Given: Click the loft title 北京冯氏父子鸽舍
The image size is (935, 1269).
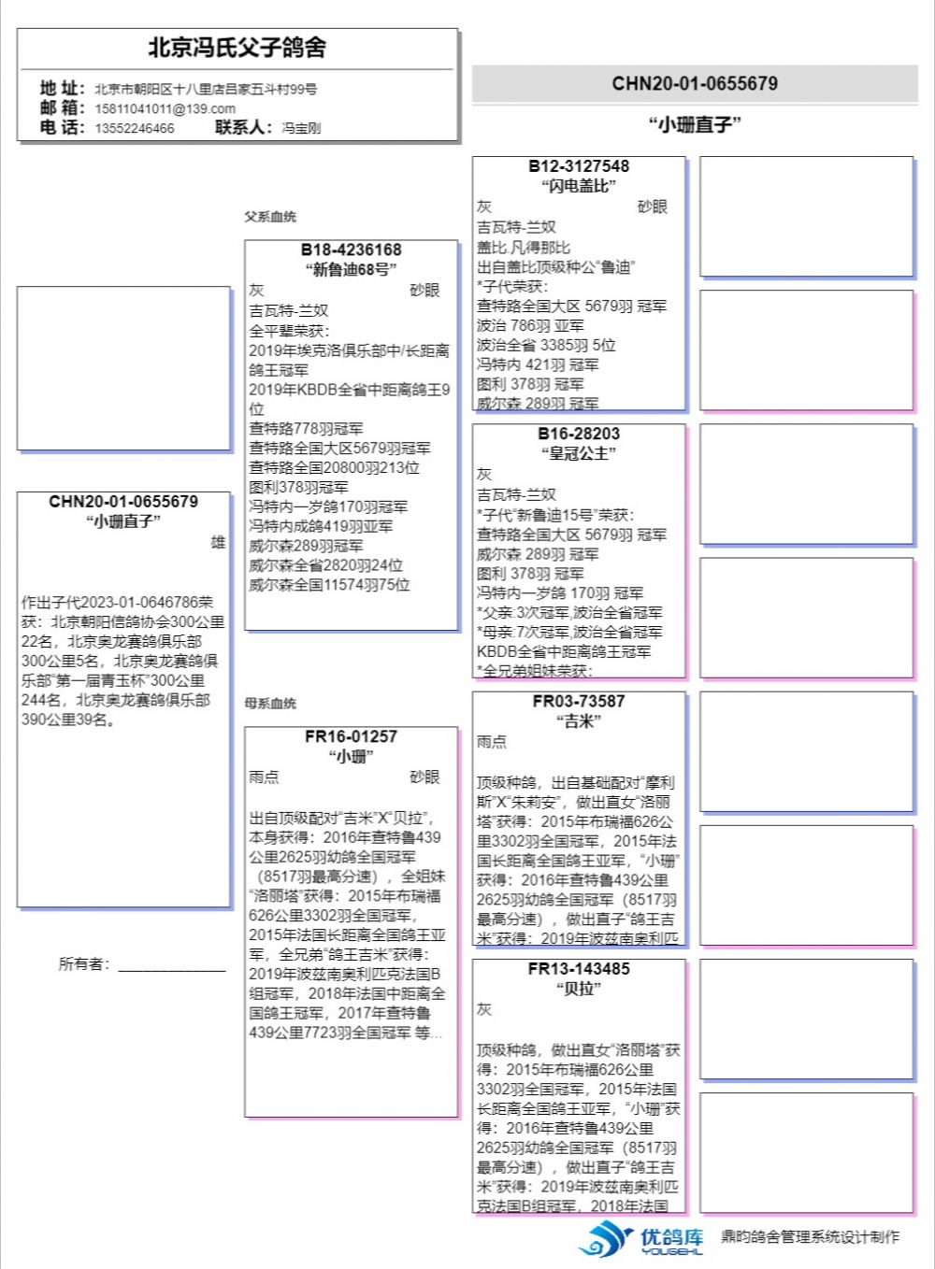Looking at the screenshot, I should click(x=237, y=48).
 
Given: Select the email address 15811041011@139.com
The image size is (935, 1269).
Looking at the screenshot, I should click(x=165, y=108).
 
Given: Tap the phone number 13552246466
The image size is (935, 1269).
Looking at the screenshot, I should click(x=134, y=128).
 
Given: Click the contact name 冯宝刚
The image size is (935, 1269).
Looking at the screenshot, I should click(x=301, y=128).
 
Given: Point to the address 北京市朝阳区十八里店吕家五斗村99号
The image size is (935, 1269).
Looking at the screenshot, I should click(x=206, y=89).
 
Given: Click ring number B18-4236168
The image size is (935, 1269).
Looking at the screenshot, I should click(x=351, y=250).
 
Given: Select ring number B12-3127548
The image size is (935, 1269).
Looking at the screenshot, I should click(x=579, y=166).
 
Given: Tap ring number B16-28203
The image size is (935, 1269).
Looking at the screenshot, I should click(x=579, y=434).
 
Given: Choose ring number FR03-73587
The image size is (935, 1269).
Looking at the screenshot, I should click(x=579, y=701).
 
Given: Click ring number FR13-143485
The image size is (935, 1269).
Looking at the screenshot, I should click(x=579, y=969).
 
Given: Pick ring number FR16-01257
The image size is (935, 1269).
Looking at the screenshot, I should click(x=351, y=736).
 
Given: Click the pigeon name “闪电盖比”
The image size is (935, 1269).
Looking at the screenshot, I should click(x=579, y=186).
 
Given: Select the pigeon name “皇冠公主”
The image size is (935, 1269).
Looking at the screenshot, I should click(x=579, y=453).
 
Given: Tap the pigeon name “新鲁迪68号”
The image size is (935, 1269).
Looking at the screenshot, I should click(x=351, y=270).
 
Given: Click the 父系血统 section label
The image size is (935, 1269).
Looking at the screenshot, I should click(x=270, y=217).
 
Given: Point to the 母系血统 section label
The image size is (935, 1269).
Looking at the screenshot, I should click(x=270, y=703).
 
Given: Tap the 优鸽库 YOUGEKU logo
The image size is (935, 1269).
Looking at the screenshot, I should click(x=641, y=1239).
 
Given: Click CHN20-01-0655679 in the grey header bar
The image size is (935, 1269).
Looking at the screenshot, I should click(x=695, y=83).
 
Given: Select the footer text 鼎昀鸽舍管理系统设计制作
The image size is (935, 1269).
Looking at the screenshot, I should click(x=810, y=1237).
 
